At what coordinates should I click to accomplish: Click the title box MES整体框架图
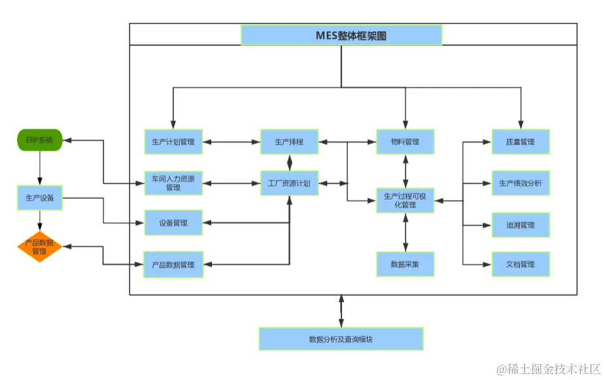341,35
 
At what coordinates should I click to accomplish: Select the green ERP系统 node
39,141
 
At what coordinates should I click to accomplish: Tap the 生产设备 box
39,198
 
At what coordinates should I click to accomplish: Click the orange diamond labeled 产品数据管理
39,247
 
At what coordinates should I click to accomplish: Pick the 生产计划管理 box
173,141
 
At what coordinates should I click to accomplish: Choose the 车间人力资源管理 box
173,183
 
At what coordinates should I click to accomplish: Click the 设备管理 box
173,223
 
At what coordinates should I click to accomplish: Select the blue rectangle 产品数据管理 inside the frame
173,265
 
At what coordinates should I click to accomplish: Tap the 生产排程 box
289,141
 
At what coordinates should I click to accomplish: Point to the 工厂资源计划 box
289,183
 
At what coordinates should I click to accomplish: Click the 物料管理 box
405,141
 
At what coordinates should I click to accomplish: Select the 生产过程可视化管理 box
405,200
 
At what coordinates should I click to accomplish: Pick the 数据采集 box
405,264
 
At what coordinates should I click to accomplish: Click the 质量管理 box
521,141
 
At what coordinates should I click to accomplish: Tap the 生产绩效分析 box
521,183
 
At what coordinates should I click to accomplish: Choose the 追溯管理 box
521,224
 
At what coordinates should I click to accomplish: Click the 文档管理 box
521,264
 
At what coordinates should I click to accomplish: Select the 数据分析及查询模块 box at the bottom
341,339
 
